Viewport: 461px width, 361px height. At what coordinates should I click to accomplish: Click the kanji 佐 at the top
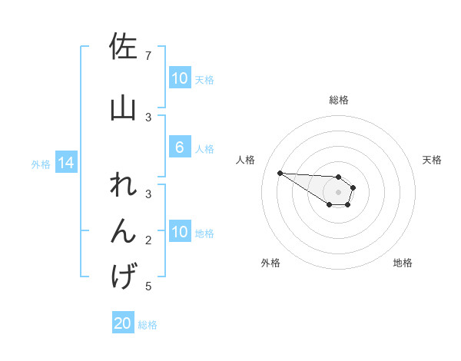[x=123, y=48]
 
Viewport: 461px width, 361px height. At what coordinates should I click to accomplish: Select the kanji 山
[x=123, y=108]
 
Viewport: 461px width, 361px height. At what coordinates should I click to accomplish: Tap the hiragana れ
[x=123, y=187]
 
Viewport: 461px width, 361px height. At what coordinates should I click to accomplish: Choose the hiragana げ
[x=123, y=276]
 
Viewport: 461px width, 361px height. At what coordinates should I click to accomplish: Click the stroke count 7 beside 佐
[x=148, y=56]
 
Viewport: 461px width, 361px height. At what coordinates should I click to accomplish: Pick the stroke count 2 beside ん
[x=148, y=240]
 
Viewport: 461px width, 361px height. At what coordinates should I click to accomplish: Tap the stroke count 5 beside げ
[x=148, y=286]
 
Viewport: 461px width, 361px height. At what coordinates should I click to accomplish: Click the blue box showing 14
[x=65, y=163]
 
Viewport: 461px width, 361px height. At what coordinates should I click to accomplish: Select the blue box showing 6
[x=179, y=148]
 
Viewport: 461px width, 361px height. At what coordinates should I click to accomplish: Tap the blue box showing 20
[x=123, y=324]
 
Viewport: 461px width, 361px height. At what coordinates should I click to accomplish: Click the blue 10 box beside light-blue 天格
[x=179, y=78]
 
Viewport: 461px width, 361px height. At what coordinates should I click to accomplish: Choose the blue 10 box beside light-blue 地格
[x=179, y=232]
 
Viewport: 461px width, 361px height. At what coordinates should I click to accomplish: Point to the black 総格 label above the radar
[x=339, y=100]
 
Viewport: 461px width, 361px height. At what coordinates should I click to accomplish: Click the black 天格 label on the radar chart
[x=433, y=160]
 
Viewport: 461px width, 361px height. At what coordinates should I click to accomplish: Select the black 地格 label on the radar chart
[x=403, y=263]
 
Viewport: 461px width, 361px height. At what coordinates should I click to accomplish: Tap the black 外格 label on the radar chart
[x=270, y=263]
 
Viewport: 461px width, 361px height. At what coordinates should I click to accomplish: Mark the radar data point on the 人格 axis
[x=280, y=173]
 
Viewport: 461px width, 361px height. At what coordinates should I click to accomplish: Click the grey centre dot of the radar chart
[x=338, y=192]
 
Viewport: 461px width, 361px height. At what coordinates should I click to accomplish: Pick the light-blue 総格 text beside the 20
[x=148, y=325]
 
